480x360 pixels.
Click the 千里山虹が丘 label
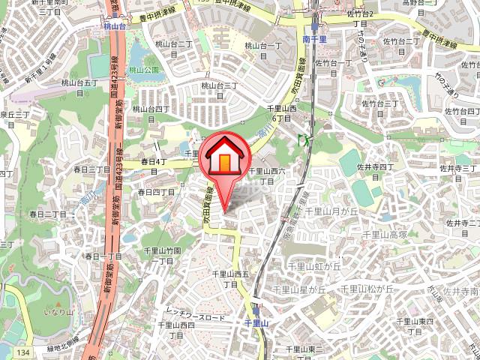coord(315,265)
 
